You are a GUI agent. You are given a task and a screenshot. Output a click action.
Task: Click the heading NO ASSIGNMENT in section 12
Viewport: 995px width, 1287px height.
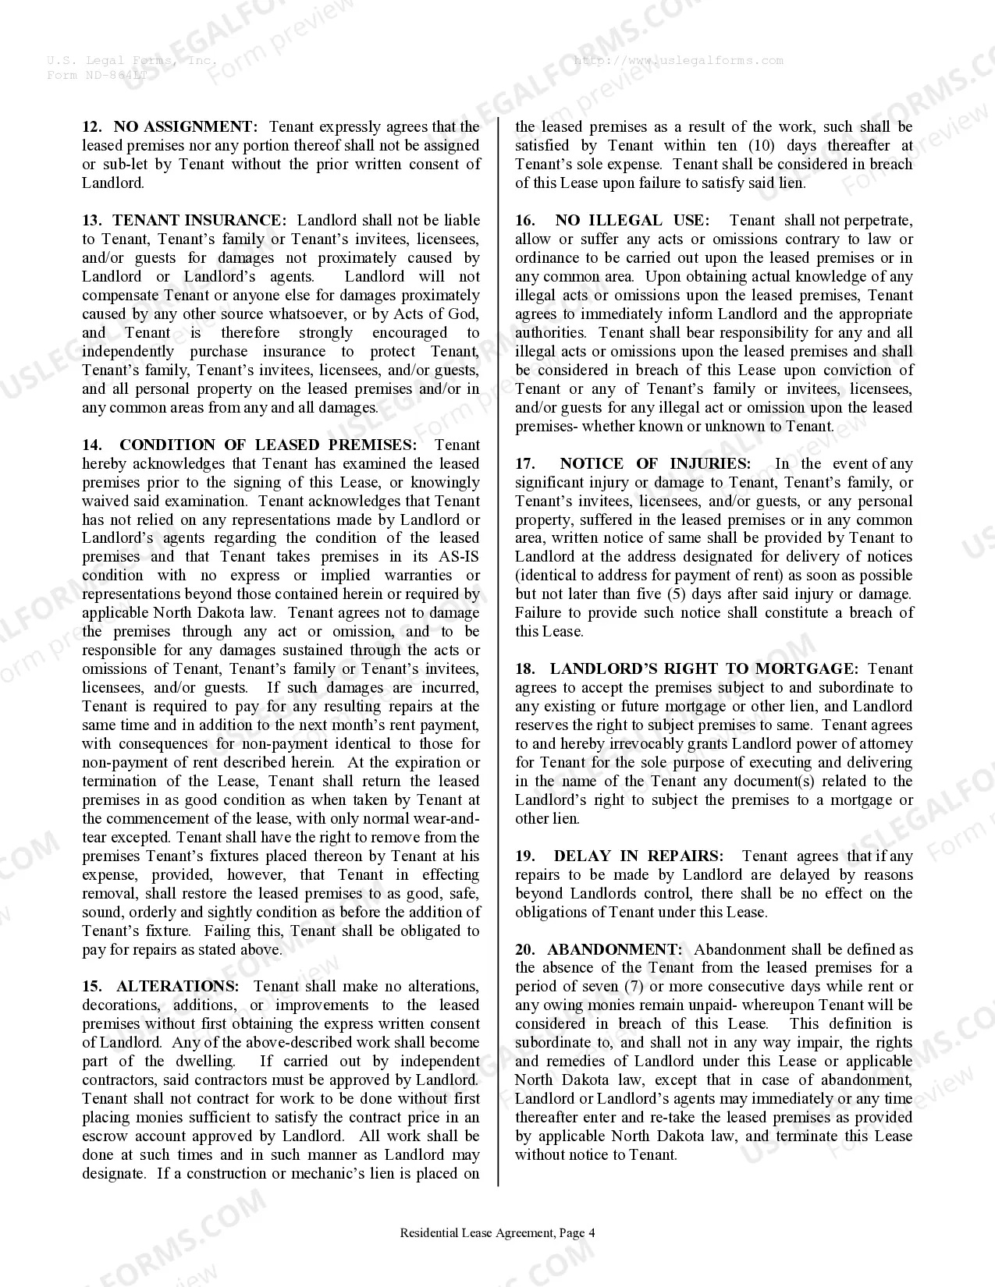pos(185,127)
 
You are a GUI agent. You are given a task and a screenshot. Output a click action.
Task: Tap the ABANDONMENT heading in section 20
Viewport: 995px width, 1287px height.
pos(615,950)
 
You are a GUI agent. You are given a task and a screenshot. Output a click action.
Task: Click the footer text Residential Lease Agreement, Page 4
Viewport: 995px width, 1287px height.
pos(497,1233)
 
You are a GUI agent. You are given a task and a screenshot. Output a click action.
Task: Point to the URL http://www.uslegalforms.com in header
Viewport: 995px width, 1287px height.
pos(678,60)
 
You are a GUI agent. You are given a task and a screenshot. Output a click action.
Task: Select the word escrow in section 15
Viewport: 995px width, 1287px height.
pos(105,1136)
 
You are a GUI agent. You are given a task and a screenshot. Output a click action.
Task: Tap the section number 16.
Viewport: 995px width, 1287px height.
pos(524,221)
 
